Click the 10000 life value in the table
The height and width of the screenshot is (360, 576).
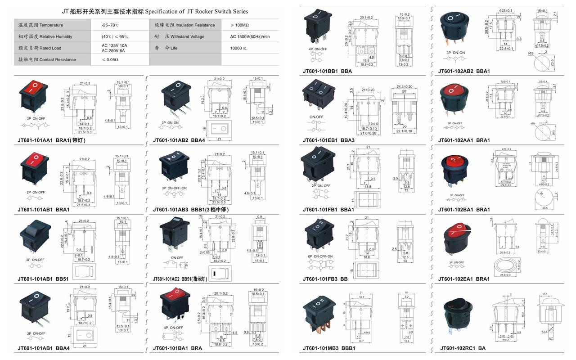pos(239,48)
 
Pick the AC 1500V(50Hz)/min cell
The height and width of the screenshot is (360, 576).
pos(250,36)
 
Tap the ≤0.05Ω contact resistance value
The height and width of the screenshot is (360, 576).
pos(110,59)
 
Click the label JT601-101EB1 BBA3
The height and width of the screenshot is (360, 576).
pos(328,140)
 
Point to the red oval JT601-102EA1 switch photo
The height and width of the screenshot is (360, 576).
pos(459,238)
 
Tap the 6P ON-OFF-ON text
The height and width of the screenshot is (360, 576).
pos(321,256)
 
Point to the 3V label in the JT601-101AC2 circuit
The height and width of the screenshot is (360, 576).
pos(186,265)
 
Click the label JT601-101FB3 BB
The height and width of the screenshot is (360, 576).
pos(325,279)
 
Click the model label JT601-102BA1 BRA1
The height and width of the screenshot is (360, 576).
pos(464,210)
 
